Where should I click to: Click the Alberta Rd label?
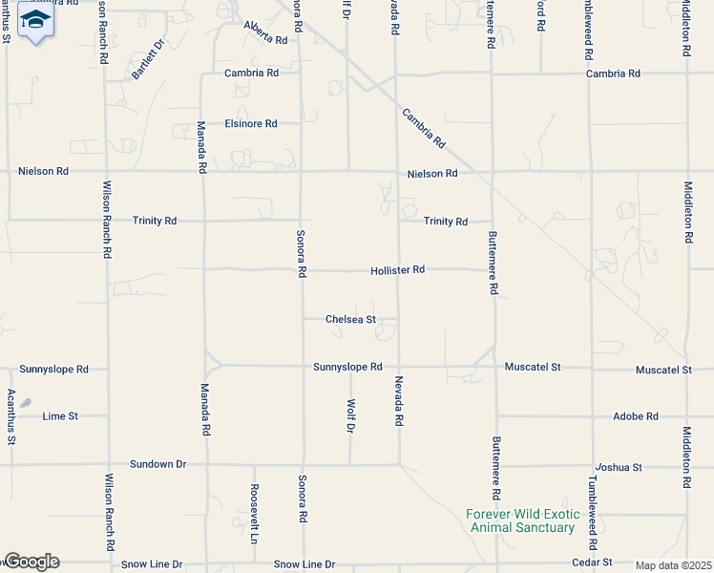click(265, 33)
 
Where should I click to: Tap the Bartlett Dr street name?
click(149, 59)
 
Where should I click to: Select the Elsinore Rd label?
click(250, 123)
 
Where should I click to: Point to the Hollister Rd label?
click(397, 270)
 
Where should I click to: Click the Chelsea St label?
click(350, 319)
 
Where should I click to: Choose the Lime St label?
click(60, 416)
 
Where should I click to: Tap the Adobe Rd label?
click(636, 416)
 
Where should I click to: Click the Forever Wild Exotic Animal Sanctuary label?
click(520, 520)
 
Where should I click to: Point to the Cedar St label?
click(594, 563)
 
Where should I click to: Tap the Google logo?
click(31, 562)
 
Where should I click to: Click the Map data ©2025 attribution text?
click(673, 565)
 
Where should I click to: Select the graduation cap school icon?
click(35, 20)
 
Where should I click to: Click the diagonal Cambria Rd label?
click(424, 127)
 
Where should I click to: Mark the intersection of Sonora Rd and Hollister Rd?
click(302, 269)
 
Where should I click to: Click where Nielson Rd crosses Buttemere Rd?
click(493, 172)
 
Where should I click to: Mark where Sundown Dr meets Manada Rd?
click(204, 465)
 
